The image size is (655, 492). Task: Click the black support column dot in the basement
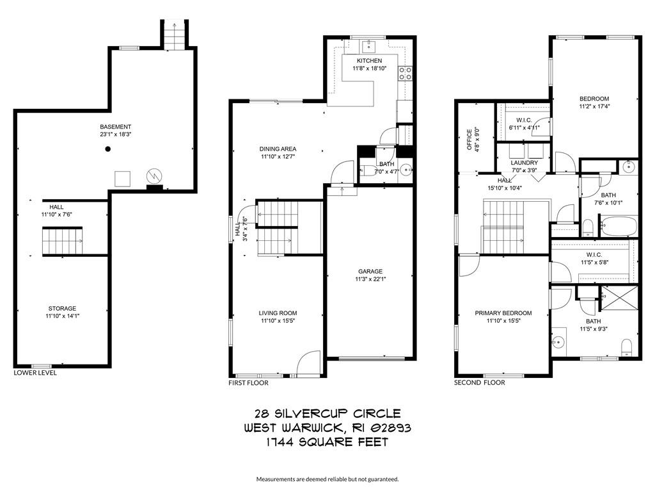pyautogui.click(x=107, y=149)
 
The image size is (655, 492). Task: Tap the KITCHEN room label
pyautogui.click(x=369, y=61)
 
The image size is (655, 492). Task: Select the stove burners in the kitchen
pyautogui.click(x=405, y=74)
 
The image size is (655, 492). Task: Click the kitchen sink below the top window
pyautogui.click(x=369, y=45)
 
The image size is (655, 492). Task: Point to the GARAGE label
pyautogui.click(x=370, y=272)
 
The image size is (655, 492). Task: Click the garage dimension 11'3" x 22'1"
pyautogui.click(x=370, y=279)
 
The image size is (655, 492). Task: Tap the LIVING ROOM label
pyautogui.click(x=278, y=313)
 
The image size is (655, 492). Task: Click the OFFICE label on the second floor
pyautogui.click(x=469, y=140)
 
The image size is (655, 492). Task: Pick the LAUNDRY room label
pyautogui.click(x=525, y=163)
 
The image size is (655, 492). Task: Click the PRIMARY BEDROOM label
pyautogui.click(x=503, y=313)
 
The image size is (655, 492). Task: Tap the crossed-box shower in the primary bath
pyautogui.click(x=619, y=298)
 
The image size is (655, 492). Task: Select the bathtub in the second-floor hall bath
pyautogui.click(x=619, y=226)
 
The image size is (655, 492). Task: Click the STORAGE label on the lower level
pyautogui.click(x=62, y=308)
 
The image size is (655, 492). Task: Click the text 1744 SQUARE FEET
pyautogui.click(x=327, y=442)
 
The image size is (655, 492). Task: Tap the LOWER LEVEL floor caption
pyautogui.click(x=35, y=373)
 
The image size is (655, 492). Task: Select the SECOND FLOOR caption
pyautogui.click(x=480, y=382)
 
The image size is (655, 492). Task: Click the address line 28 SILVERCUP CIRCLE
pyautogui.click(x=327, y=414)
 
